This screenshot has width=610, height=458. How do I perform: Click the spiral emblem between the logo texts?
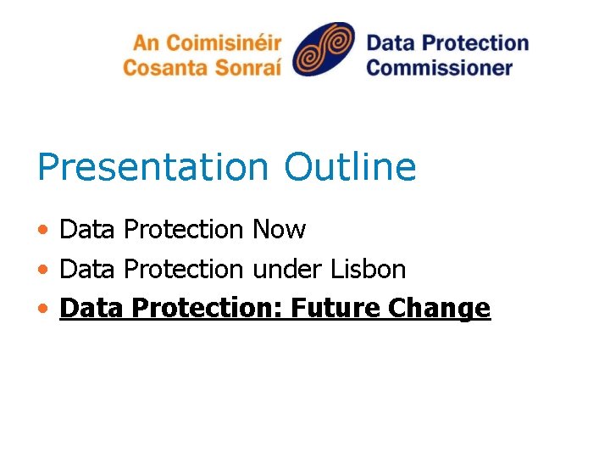pos(324,49)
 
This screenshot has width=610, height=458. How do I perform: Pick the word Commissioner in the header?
pos(440,67)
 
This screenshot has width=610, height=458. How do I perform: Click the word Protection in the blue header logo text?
pos(474,42)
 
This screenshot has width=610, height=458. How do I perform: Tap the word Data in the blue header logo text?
pos(391,42)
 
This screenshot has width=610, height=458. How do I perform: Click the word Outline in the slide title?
pos(351,167)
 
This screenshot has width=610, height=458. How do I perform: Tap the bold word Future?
pos(334,308)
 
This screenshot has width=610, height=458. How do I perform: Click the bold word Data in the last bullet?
pos(89,308)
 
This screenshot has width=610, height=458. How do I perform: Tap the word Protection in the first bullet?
pos(183,230)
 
